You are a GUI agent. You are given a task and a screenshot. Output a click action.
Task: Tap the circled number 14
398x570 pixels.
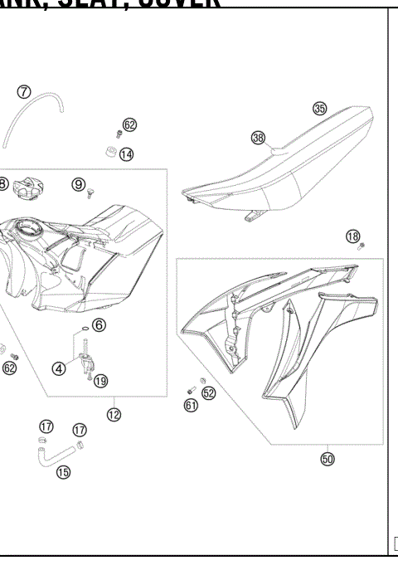[x=126, y=153]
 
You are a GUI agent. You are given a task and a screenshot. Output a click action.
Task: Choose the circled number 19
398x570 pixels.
[x=100, y=382]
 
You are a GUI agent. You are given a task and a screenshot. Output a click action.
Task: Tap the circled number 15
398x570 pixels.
[x=63, y=472]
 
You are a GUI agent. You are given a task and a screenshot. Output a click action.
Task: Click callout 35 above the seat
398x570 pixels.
[x=319, y=108]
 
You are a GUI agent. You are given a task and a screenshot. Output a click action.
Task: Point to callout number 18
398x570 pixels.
[x=353, y=236]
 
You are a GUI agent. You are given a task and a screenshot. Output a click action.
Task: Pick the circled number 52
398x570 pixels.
[x=209, y=393]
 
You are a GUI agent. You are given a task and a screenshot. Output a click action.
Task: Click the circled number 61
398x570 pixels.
[x=192, y=405]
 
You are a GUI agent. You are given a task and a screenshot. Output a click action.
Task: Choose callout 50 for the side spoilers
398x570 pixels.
[x=328, y=458]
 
